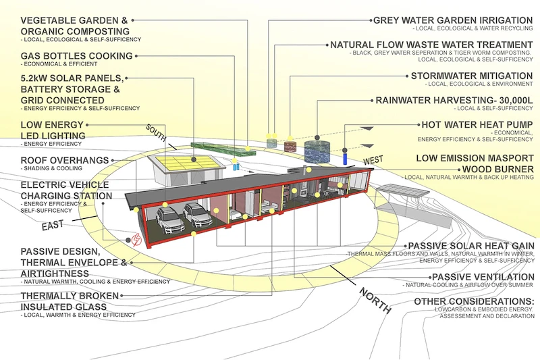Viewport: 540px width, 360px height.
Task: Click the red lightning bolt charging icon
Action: point(136,240)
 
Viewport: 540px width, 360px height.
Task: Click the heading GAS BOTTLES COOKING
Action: point(76,55)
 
